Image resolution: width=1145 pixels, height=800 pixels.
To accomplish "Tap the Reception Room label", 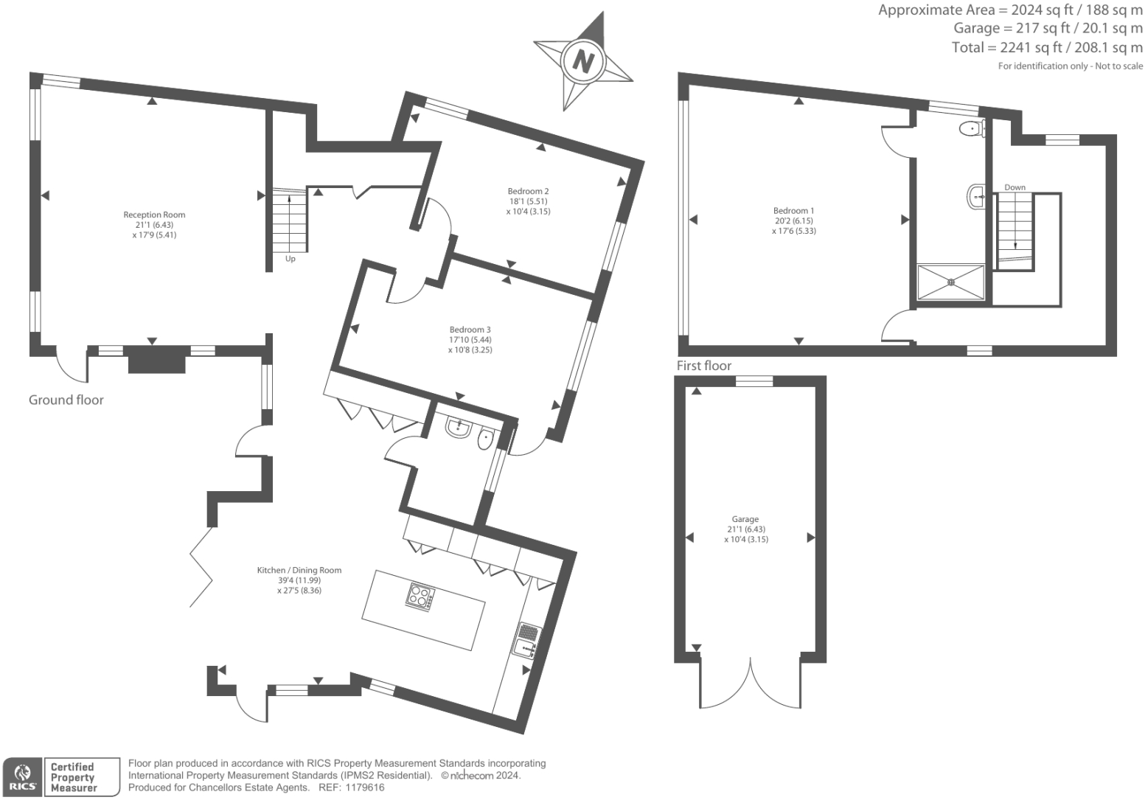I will pos(154,215).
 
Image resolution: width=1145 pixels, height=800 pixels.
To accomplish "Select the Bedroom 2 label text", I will pos(528,192).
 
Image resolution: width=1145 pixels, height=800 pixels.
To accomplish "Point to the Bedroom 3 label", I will pos(470,330).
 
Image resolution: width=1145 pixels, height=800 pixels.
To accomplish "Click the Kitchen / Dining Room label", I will pos(299,570).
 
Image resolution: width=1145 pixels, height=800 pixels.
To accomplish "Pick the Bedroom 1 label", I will pos(793,211).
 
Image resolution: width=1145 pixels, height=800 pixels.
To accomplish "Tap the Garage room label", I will pos(745,519).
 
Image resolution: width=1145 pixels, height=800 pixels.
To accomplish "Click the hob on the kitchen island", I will pos(420,596).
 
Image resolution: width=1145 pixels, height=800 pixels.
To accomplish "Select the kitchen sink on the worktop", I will pos(526,641).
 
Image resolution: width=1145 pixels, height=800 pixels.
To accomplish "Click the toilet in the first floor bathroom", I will pos(972,130).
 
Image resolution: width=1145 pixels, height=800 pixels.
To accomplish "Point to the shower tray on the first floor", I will pos(950,282).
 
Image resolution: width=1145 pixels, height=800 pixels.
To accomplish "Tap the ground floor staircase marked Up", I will pos(288,221).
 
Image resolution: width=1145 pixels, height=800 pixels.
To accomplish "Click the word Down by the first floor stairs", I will pos(1015,187).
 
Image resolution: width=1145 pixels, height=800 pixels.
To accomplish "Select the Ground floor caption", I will pos(66,400).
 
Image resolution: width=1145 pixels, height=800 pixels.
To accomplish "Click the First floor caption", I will pos(704,366).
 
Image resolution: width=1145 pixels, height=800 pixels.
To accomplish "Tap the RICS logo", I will pos(23,778).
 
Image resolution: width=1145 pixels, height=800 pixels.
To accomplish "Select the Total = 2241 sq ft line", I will pos(1046,48).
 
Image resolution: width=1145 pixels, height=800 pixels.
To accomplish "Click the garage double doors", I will pos(750,682).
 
